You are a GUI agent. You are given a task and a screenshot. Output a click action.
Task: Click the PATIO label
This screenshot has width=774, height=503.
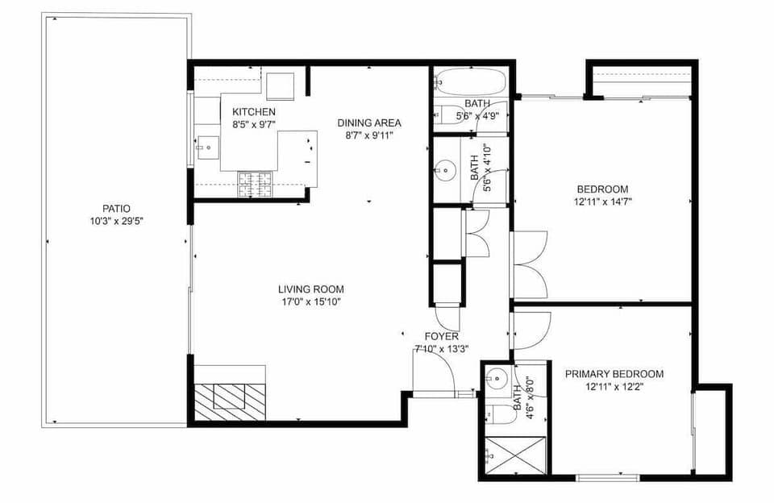click(117, 208)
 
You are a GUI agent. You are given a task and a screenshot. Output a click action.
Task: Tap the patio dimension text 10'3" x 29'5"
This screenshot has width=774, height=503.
click(117, 221)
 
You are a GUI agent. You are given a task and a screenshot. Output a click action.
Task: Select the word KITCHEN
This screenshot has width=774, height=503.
click(254, 111)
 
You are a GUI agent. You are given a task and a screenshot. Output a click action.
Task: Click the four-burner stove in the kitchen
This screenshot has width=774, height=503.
click(256, 185)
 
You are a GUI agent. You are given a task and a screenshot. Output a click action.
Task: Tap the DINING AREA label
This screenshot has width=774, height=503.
click(369, 123)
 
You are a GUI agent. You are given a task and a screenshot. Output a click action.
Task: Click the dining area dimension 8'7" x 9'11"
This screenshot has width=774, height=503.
click(369, 135)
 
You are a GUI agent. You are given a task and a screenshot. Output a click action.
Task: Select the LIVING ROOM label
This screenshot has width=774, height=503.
click(311, 289)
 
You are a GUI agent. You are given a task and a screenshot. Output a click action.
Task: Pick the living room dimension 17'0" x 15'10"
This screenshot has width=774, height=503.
click(311, 302)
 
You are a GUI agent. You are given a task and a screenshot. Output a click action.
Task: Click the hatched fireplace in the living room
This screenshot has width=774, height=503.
click(230, 401)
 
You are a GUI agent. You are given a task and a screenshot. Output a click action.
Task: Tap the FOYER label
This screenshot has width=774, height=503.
click(442, 336)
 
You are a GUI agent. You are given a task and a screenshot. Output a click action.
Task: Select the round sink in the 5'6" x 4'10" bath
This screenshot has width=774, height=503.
click(444, 171)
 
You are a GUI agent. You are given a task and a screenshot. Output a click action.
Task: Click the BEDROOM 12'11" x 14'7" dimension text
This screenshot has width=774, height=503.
click(603, 202)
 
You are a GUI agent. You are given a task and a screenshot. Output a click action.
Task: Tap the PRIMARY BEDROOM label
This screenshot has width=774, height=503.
click(614, 374)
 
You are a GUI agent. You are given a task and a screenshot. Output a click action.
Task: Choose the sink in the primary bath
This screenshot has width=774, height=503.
click(497, 376)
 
